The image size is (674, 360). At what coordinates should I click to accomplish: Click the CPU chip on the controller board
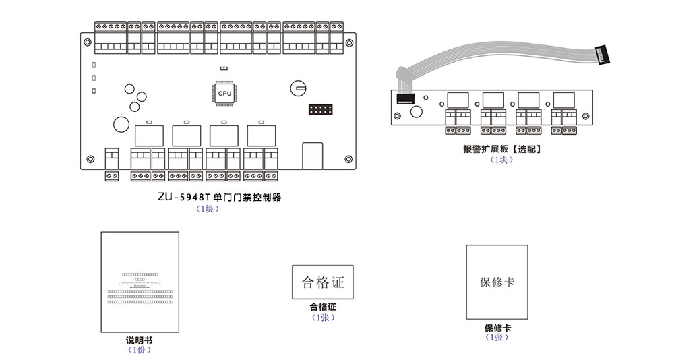click(x=224, y=94)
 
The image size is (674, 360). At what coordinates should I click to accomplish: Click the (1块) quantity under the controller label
click(x=207, y=209)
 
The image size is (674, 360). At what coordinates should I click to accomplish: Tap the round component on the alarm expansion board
click(x=417, y=113)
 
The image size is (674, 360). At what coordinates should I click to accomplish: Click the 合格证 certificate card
click(x=322, y=282)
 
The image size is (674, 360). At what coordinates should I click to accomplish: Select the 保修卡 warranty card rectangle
click(x=497, y=282)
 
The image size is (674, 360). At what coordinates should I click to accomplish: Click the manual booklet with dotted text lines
click(x=140, y=282)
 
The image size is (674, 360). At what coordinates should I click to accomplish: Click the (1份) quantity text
click(x=139, y=350)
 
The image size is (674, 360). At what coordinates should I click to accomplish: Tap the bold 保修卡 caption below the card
click(x=497, y=328)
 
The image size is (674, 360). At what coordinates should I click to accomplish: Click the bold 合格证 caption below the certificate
click(x=322, y=307)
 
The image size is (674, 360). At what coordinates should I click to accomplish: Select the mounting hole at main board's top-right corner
click(x=348, y=40)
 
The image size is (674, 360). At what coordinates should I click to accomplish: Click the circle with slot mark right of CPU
click(x=299, y=88)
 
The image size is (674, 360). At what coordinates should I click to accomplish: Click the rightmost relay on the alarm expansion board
click(x=563, y=99)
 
